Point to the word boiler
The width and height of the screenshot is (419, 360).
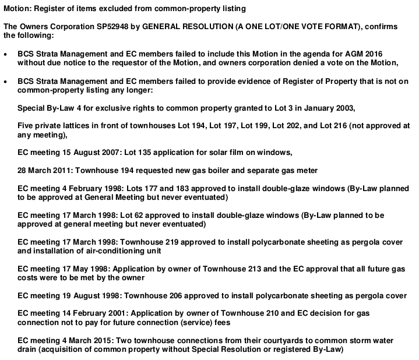219,171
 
